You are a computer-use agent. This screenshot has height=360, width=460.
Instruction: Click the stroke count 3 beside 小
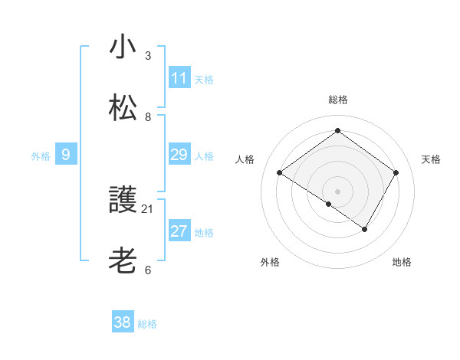tap(148, 56)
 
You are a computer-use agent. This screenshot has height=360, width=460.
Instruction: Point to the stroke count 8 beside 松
tap(148, 117)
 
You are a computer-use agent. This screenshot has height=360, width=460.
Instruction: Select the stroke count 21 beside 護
tap(148, 208)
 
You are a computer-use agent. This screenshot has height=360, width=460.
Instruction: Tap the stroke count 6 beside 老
tap(148, 270)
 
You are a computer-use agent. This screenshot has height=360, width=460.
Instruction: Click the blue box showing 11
tap(179, 78)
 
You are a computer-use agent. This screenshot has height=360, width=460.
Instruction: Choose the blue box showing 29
tap(179, 155)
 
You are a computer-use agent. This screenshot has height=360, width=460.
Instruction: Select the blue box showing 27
tap(179, 232)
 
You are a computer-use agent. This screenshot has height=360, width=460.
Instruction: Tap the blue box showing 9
tap(66, 155)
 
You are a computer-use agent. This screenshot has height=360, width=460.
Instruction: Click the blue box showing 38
tap(123, 322)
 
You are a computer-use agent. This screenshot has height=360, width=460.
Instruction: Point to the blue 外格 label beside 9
tap(41, 156)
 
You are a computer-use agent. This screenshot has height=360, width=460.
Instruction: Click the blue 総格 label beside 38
tap(147, 324)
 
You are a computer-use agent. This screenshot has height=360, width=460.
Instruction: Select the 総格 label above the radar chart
tap(338, 100)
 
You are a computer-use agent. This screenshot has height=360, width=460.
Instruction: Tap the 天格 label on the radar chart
tap(432, 159)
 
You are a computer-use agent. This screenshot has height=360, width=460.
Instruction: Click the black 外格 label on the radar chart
tap(270, 262)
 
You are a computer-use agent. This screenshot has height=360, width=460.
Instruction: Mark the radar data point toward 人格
tap(280, 173)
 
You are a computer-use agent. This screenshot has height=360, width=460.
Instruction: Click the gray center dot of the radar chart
tap(338, 191)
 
